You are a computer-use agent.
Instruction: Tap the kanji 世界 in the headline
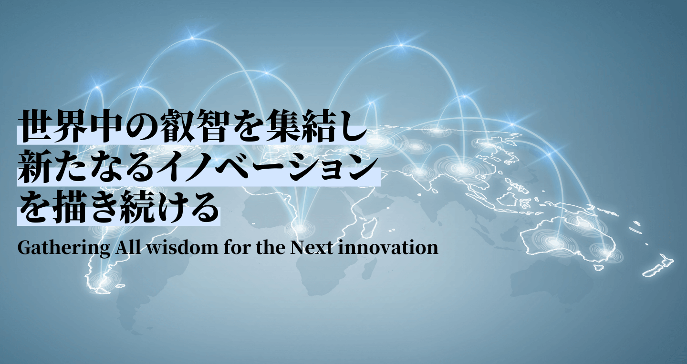pyautogui.click(x=53, y=126)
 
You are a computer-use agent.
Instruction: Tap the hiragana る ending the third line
pyautogui.click(x=204, y=206)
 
